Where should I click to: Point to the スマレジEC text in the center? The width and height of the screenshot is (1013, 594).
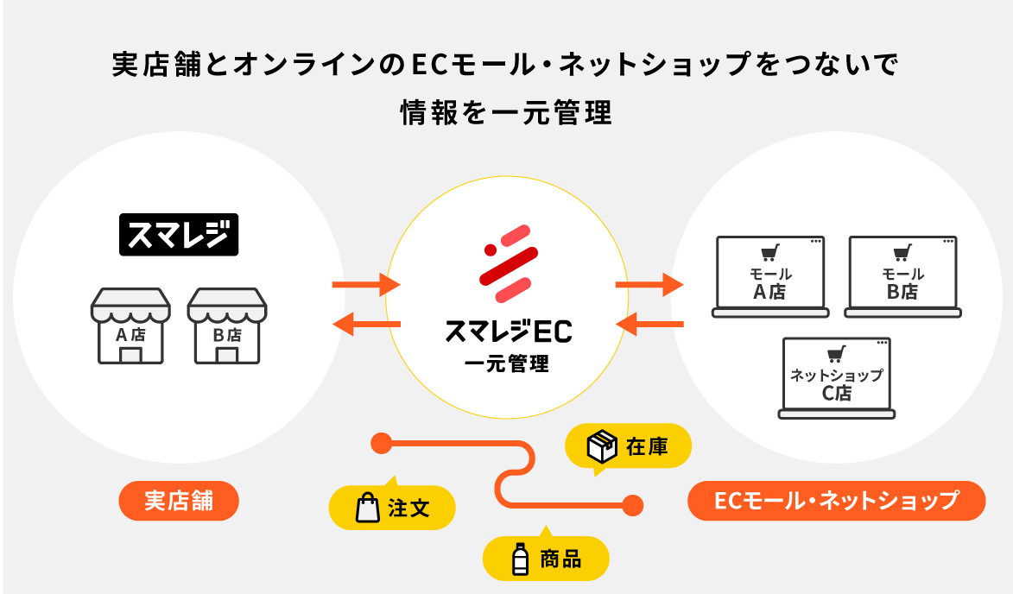tap(508, 332)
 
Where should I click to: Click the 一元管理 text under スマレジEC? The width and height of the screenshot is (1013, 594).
tap(507, 363)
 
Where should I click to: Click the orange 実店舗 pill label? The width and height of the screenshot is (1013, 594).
tap(178, 501)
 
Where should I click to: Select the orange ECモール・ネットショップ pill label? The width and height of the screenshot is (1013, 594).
tap(836, 501)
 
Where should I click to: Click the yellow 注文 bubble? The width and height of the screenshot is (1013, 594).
tap(393, 508)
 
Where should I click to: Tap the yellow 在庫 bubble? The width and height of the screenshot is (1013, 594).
tap(628, 447)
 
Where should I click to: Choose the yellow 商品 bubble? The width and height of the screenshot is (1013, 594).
tap(546, 559)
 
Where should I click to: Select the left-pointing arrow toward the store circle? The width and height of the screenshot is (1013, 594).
tap(366, 325)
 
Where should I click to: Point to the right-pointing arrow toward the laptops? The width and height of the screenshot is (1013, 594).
tap(649, 283)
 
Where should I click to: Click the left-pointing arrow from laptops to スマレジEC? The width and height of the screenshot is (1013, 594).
tap(649, 325)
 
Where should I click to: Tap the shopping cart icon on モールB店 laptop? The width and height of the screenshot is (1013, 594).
tap(902, 254)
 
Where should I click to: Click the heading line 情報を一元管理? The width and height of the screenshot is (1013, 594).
tap(506, 114)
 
